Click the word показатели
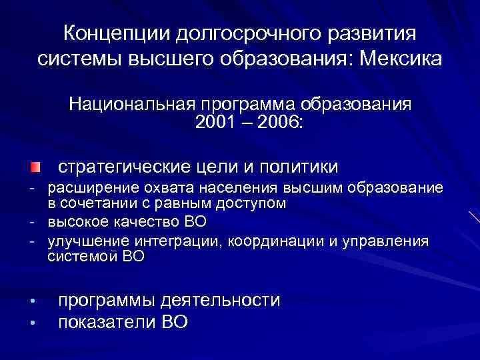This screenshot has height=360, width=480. pyautogui.click(x=107, y=323)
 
